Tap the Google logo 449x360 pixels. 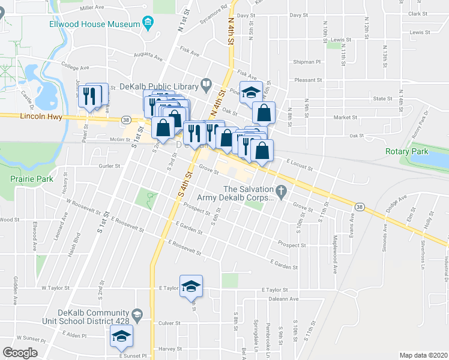pyautogui.click(x=20, y=353)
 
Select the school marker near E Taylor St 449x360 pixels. pyautogui.click(x=191, y=286)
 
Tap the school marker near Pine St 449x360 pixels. pyautogui.click(x=250, y=92)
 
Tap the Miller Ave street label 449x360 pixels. pyautogui.click(x=91, y=8)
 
